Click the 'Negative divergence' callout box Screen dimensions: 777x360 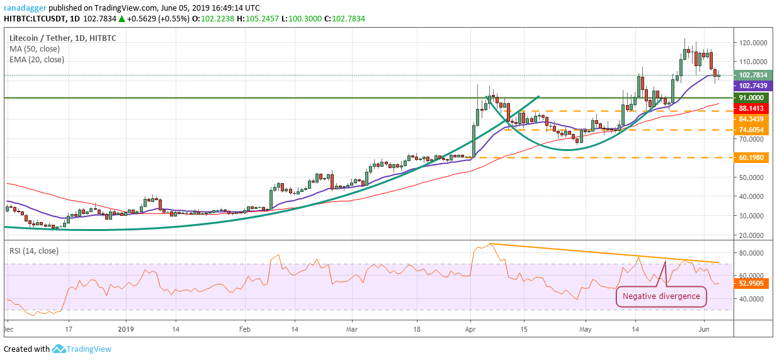(661, 296)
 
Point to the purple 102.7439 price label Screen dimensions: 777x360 (753, 86)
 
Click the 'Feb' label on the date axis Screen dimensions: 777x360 (244, 329)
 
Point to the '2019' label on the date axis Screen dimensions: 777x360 (126, 329)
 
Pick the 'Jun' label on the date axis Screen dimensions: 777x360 (703, 329)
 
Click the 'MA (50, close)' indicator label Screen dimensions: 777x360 (35, 49)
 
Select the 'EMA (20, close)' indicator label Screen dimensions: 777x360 (37, 60)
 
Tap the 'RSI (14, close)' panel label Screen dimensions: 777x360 (34, 250)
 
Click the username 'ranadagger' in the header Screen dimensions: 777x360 (25, 8)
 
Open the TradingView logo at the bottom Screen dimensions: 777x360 (82, 349)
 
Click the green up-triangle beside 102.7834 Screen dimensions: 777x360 (122, 19)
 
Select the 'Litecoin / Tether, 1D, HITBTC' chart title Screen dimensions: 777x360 (63, 38)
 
